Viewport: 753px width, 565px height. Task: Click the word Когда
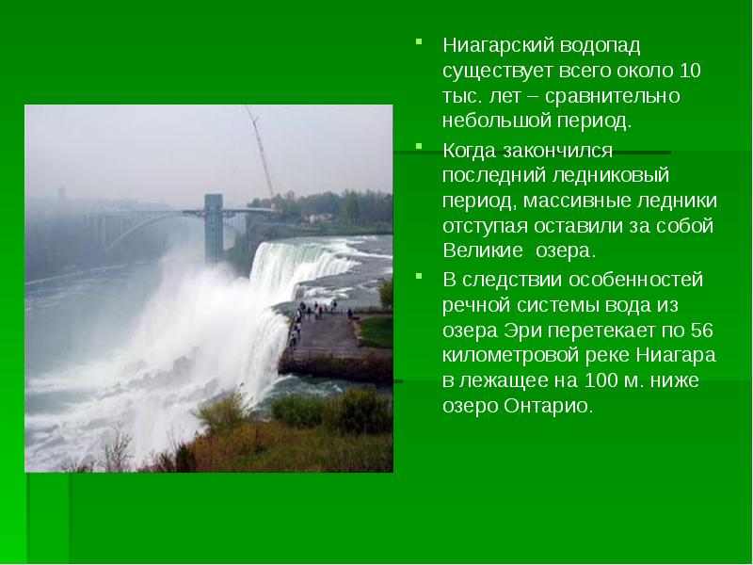470,149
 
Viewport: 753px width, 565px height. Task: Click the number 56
701,330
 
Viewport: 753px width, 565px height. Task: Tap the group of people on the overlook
315,309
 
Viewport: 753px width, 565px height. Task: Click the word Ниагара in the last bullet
675,356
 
